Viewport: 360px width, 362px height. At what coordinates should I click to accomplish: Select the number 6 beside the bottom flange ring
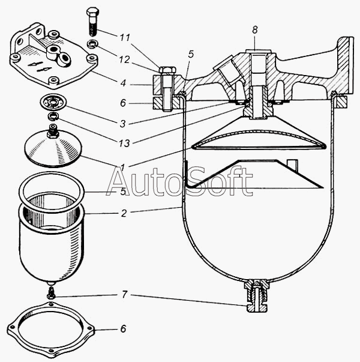tap(123, 329)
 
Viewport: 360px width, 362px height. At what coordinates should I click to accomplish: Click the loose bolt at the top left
tap(91, 21)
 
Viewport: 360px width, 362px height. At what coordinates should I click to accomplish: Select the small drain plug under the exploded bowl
tap(52, 293)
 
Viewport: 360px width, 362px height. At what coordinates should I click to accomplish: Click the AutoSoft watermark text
tap(179, 181)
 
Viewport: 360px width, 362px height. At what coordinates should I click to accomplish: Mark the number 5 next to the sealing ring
tap(124, 192)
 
